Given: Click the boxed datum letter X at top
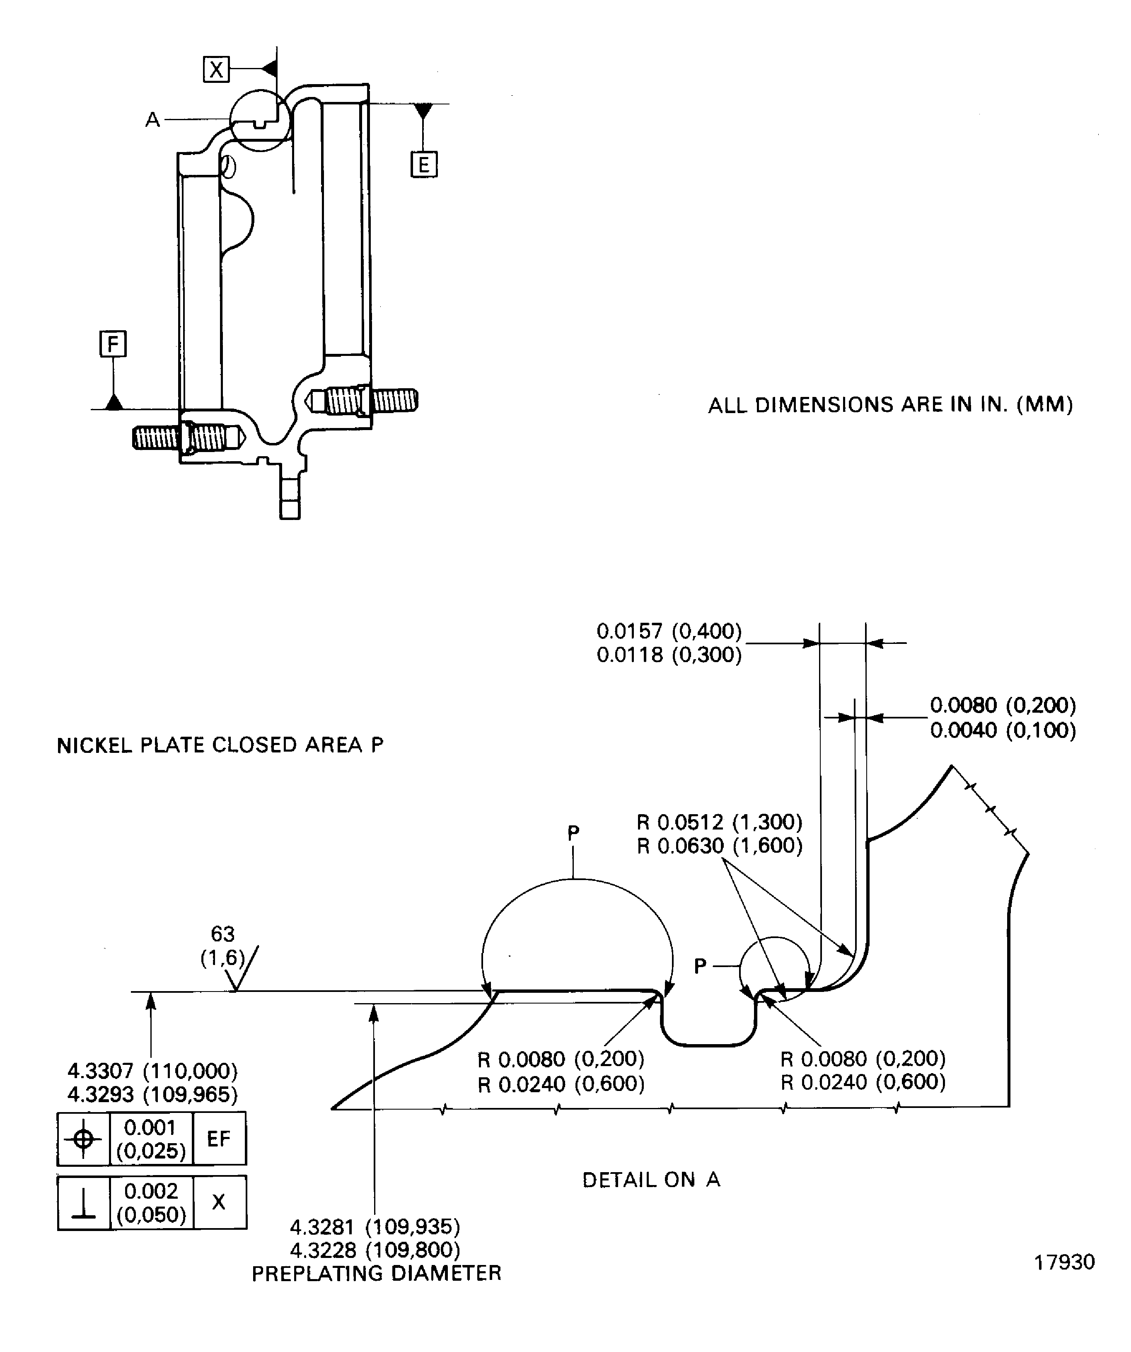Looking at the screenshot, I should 216,69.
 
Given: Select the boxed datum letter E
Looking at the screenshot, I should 423,165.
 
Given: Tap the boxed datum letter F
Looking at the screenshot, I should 113,344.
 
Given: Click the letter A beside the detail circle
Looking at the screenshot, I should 152,120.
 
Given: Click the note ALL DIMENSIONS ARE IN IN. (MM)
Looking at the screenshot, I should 890,405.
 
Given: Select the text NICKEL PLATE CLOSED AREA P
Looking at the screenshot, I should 220,745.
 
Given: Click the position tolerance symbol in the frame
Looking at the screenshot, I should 83,1139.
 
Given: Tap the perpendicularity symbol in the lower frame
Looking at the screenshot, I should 83,1203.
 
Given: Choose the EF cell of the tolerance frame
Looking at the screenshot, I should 219,1139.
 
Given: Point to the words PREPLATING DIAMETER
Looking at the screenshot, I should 376,1273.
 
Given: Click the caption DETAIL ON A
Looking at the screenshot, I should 651,1180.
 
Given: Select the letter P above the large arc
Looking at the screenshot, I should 573,833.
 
